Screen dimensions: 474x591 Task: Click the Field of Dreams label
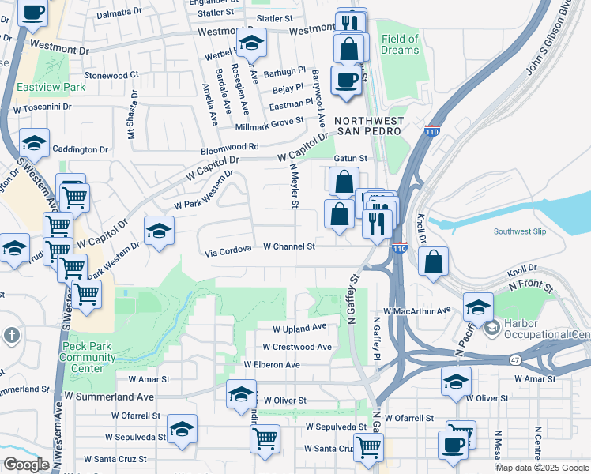(x=400, y=43)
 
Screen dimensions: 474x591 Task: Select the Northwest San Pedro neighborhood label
(x=369, y=126)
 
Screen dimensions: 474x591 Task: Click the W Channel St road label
(x=289, y=246)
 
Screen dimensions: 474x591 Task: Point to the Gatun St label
(x=352, y=158)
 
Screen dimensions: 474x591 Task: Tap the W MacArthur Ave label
(x=416, y=310)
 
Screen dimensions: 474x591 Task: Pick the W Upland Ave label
(x=299, y=328)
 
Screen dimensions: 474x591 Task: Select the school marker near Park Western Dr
(x=160, y=231)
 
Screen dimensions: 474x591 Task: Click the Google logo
(x=26, y=465)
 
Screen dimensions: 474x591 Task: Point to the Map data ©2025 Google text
(x=542, y=468)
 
